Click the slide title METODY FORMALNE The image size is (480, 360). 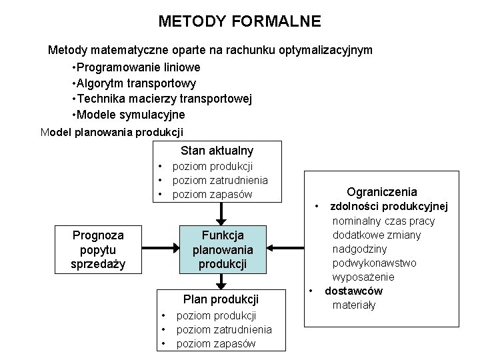(239, 21)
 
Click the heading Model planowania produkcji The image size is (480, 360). (111, 131)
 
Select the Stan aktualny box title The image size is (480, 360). (217, 151)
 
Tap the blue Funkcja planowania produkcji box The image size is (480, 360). (219, 249)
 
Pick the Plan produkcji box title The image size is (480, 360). (220, 299)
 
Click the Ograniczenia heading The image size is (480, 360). (382, 191)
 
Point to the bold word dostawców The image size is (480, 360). (353, 291)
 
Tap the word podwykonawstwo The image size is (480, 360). (375, 263)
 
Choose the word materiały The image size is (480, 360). (354, 305)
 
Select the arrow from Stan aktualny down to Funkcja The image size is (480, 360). (219, 213)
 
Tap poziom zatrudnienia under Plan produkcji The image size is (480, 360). (223, 329)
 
